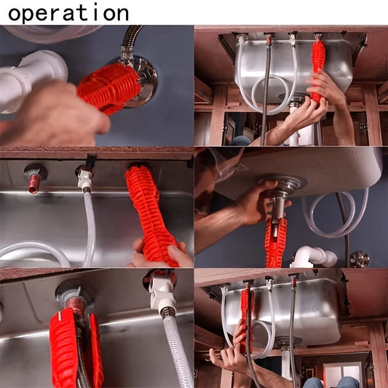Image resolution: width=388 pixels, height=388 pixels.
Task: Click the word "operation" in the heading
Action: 68,12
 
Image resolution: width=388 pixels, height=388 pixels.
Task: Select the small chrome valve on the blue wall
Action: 359,258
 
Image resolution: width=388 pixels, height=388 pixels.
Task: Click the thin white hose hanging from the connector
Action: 88,226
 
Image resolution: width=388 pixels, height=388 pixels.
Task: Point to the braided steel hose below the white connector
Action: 176,349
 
